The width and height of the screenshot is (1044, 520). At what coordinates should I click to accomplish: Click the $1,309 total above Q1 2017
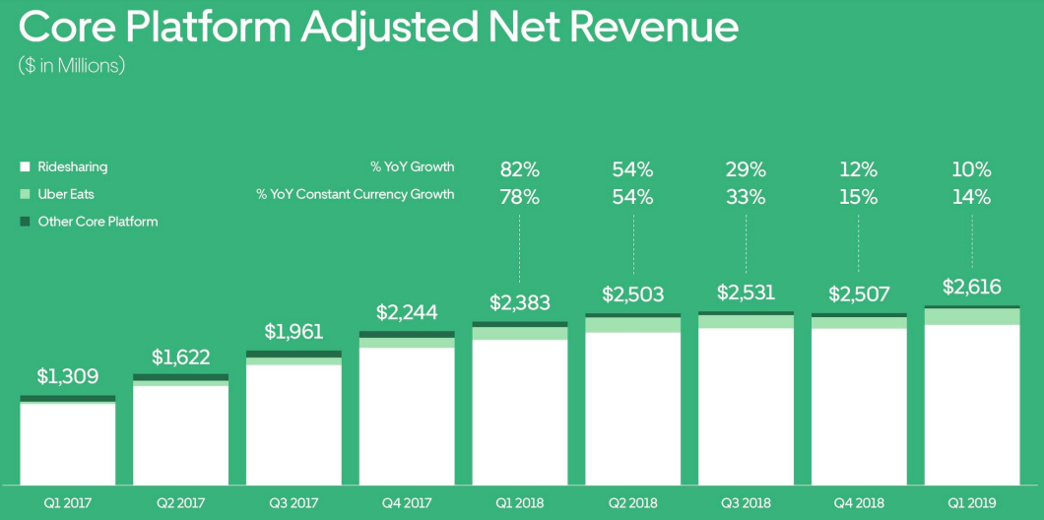pyautogui.click(x=68, y=376)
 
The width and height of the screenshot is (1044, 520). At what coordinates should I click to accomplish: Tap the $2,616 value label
pyautogui.click(x=971, y=288)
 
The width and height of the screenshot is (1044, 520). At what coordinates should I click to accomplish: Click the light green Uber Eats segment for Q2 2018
pyautogui.click(x=632, y=325)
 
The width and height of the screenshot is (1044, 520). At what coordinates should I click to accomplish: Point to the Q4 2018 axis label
pyautogui.click(x=859, y=502)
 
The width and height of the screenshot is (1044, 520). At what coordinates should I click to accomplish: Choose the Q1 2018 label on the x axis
pyautogui.click(x=520, y=502)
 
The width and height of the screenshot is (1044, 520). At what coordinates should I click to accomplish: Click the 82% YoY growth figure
pyautogui.click(x=520, y=167)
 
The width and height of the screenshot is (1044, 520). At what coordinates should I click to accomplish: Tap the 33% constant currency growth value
pyautogui.click(x=746, y=197)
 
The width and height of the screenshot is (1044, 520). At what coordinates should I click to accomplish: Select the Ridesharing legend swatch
pyautogui.click(x=26, y=167)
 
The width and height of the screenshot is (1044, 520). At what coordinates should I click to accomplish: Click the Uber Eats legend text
pyautogui.click(x=66, y=194)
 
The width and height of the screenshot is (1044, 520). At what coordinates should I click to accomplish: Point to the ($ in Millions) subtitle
pyautogui.click(x=72, y=66)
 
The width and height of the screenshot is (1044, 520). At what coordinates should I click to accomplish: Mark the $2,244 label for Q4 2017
pyautogui.click(x=407, y=312)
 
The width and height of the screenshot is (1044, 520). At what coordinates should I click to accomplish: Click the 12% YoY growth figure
pyautogui.click(x=859, y=167)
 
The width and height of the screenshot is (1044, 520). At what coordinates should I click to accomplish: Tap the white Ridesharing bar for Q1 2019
pyautogui.click(x=971, y=404)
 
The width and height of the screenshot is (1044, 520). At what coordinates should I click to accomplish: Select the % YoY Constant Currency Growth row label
pyautogui.click(x=356, y=194)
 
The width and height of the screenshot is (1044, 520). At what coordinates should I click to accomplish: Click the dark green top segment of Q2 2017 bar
pyautogui.click(x=180, y=377)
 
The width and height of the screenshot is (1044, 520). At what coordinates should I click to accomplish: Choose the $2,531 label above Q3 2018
pyautogui.click(x=746, y=293)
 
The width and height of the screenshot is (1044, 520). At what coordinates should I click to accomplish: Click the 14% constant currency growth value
pyautogui.click(x=971, y=197)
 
